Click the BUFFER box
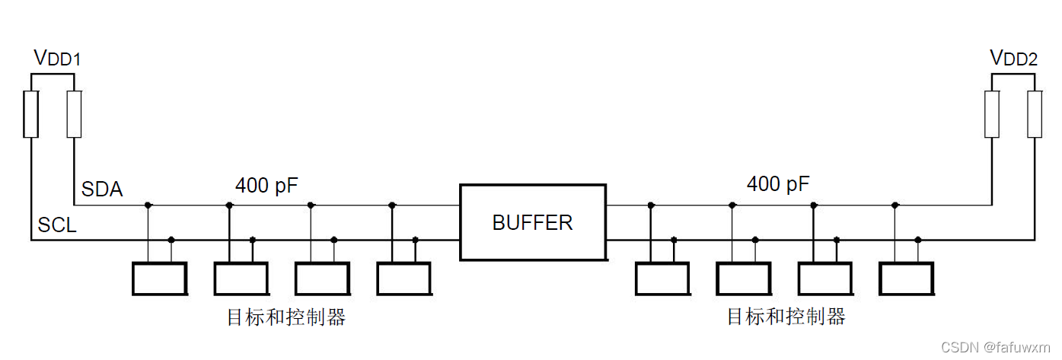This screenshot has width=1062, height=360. point(532,222)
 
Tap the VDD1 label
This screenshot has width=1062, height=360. point(57,58)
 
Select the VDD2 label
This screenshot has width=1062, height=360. point(1013,58)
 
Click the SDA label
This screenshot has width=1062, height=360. point(102,190)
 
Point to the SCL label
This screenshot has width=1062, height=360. point(57,226)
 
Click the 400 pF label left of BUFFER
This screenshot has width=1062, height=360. point(267,185)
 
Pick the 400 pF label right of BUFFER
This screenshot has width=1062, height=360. point(778,183)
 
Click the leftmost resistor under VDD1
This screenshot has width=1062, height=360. point(30,114)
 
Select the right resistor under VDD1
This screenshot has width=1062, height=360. point(74,114)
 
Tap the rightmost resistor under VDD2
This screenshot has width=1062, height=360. point(1035,114)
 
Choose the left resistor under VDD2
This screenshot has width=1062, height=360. point(992,114)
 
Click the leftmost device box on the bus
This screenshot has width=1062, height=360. point(159,279)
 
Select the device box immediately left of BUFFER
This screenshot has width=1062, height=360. point(403,279)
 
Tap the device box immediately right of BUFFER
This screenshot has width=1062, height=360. point(662,279)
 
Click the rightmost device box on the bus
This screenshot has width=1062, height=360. point(906,279)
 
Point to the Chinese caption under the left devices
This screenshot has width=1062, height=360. point(286,317)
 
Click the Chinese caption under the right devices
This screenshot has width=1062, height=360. point(786,317)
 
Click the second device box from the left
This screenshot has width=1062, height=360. point(241,279)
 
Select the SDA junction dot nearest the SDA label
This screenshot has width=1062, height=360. point(148,205)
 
